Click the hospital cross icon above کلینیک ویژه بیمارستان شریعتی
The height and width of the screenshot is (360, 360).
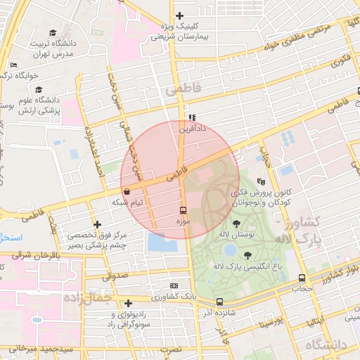pos(180,15)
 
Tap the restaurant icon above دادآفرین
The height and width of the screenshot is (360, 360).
pos(191,117)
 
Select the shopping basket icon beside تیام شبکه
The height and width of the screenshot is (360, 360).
pos(127,191)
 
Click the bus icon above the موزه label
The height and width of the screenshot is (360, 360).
pos(184,210)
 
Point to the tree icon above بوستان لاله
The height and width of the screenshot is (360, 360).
pos(225,223)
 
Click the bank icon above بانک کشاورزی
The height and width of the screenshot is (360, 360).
pos(174,286)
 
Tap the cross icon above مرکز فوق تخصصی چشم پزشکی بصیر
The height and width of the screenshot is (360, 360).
pos(97,224)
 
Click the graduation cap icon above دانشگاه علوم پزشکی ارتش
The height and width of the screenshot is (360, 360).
pos(39,90)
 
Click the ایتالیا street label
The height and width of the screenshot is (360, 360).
pos(314,320)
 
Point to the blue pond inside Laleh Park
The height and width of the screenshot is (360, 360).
pos(229,250)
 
